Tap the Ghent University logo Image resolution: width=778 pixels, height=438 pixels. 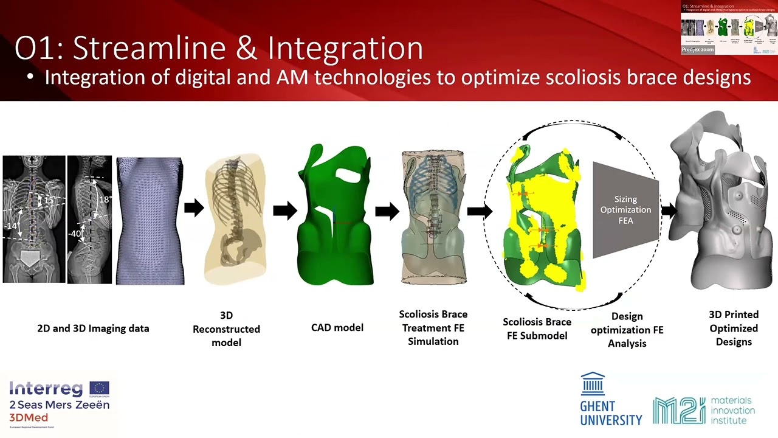click(610, 399)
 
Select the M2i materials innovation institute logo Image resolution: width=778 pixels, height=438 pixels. click(704, 411)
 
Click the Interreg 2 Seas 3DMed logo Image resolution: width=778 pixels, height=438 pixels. click(59, 401)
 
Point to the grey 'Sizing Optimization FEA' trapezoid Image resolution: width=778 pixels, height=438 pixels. click(625, 210)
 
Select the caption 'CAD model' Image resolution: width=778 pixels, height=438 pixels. click(337, 327)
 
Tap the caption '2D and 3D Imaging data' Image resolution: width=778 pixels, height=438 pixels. click(93, 328)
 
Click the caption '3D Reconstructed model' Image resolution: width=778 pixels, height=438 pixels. click(226, 329)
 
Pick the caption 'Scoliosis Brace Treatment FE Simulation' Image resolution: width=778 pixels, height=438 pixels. click(433, 328)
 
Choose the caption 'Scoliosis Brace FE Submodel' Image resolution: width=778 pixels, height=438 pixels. click(537, 328)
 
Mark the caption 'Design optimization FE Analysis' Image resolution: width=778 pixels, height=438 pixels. click(627, 330)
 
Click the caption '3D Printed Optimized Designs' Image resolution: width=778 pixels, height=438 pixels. click(734, 328)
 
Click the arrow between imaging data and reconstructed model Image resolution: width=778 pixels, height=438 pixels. click(194, 208)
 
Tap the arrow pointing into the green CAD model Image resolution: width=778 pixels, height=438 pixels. click(284, 210)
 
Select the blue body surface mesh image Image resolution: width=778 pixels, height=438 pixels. click(150, 221)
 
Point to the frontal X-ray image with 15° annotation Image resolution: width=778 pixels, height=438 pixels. click(34, 219)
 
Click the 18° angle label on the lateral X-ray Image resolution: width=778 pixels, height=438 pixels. click(105, 200)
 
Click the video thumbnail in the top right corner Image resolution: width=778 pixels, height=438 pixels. click(729, 29)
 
